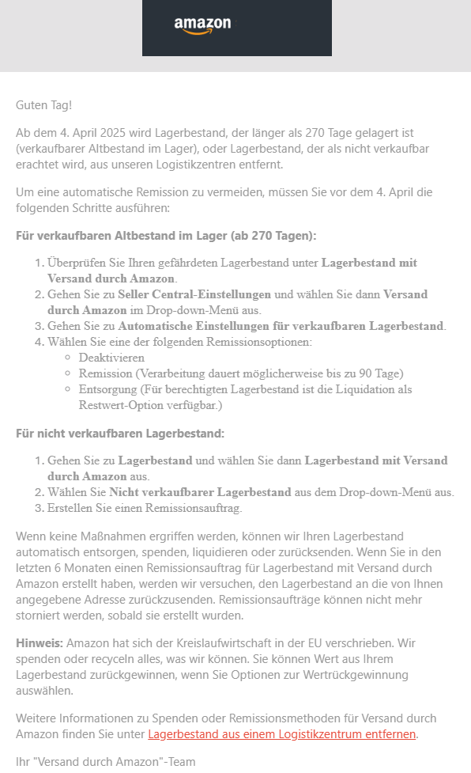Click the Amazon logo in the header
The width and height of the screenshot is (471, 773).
202,26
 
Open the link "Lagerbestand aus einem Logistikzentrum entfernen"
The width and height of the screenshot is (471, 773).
281,733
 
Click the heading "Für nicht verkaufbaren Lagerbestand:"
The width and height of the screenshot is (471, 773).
120,433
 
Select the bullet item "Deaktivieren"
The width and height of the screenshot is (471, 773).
111,358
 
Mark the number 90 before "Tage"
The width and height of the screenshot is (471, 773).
352,373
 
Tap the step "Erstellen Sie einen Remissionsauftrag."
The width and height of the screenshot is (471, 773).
145,508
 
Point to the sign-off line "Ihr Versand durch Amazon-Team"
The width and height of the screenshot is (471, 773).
105,761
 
